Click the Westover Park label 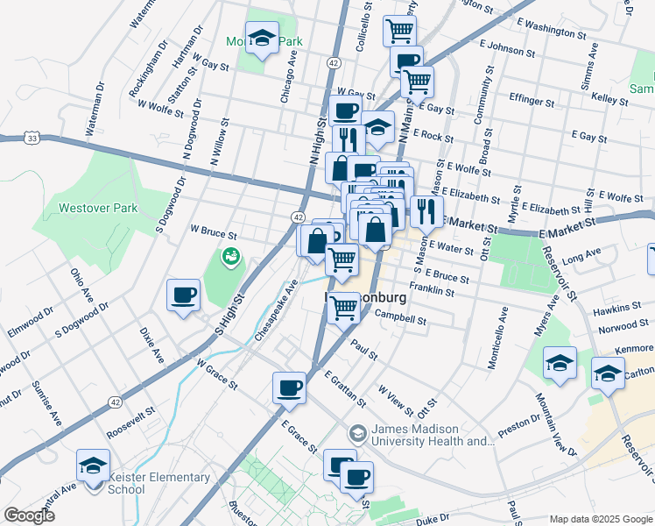pos(98,209)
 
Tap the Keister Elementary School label pos(158,483)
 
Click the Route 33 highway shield pos(32,139)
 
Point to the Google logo pos(29,515)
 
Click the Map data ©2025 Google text pos(600,519)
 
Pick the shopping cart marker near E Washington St pos(399,31)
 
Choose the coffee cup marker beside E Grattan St pos(289,387)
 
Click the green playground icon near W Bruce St pos(230,257)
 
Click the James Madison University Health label pos(433,435)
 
